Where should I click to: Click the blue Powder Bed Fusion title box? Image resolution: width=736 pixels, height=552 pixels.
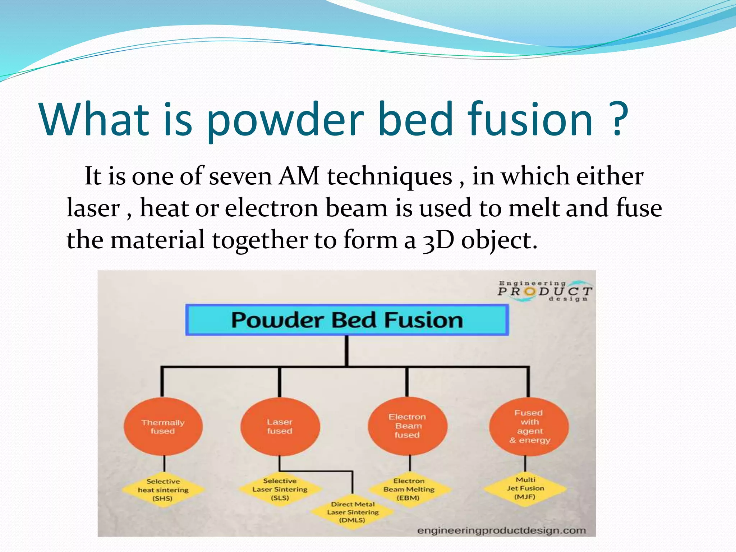coord(347,320)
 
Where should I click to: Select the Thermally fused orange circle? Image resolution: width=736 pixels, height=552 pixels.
coord(163,427)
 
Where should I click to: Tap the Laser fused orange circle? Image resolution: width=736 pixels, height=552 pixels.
coord(280,427)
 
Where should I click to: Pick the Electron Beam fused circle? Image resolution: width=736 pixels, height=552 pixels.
coord(407,426)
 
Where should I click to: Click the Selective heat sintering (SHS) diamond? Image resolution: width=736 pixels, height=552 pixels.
coord(163,490)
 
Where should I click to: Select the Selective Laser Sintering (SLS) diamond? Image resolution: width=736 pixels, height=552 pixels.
coord(280,489)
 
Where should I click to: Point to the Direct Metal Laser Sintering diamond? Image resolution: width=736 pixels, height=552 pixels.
coord(353,512)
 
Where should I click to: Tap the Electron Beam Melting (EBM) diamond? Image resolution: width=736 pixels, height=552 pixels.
coord(409,489)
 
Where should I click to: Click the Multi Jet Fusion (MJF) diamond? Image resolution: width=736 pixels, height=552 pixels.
coord(525,488)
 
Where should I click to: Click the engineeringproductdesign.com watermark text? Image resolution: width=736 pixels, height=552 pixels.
coord(501,530)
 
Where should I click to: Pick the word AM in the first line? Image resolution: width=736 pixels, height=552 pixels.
coord(299,176)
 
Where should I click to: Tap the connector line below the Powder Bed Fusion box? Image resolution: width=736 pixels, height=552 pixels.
coord(347,351)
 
